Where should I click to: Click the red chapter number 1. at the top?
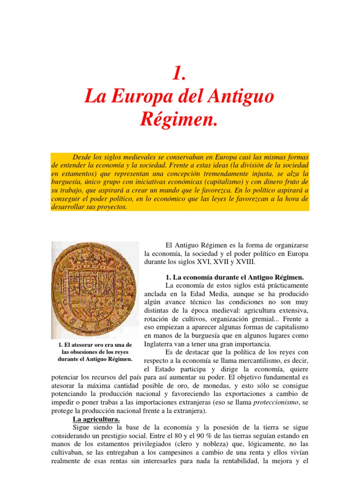coord(180,73)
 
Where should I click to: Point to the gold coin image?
coord(95,290)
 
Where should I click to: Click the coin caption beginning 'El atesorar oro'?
coord(95,352)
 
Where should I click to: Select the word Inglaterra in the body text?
coord(160,344)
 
